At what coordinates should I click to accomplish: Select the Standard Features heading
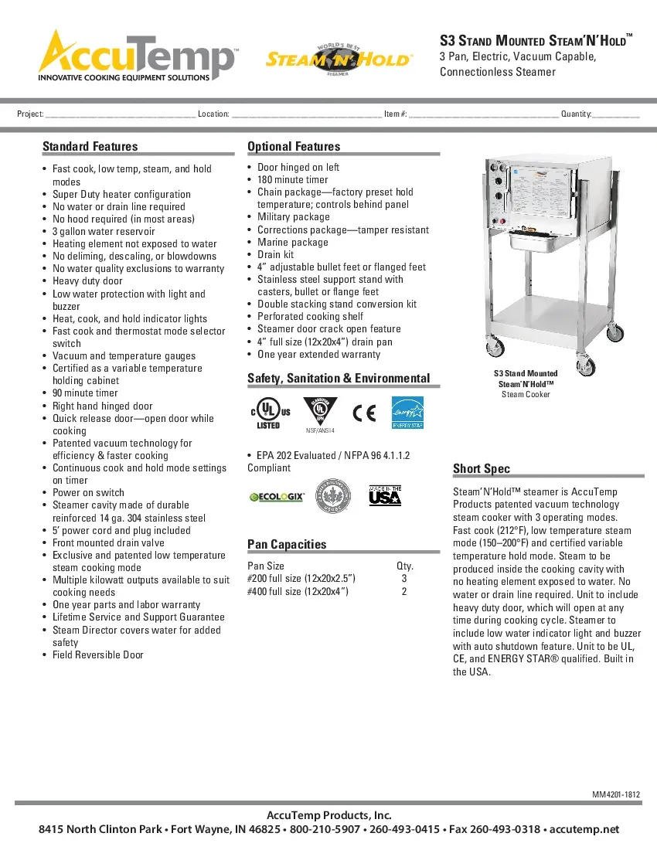click(x=90, y=147)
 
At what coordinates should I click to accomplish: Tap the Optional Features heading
click(x=294, y=147)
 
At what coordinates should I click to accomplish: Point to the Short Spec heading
click(x=482, y=469)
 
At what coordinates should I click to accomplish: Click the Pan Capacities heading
click(x=287, y=545)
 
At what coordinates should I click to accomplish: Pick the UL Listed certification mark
click(x=269, y=413)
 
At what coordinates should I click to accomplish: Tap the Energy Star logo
click(x=407, y=413)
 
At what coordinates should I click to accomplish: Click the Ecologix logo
click(x=277, y=497)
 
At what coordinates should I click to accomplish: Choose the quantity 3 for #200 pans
click(x=404, y=578)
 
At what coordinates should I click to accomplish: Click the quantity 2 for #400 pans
click(x=404, y=591)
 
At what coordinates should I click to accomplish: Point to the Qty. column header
click(x=405, y=566)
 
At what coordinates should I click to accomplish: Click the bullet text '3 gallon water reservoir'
click(x=104, y=232)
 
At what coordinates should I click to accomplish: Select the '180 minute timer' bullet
click(x=292, y=180)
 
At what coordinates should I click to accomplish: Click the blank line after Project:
click(x=120, y=115)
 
